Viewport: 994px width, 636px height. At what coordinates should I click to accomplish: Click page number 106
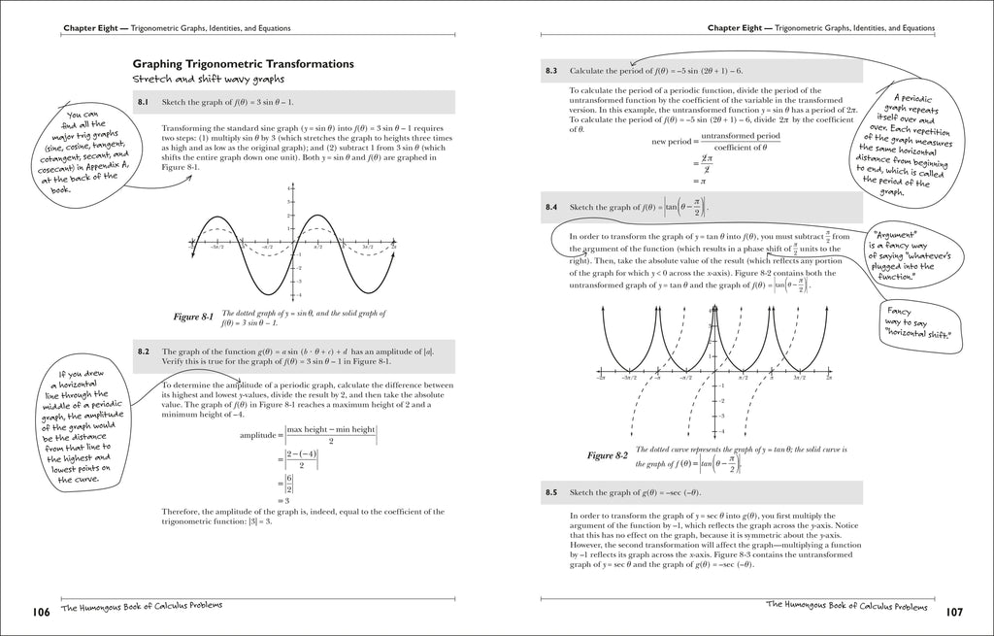click(x=41, y=612)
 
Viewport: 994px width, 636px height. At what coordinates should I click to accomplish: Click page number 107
click(x=952, y=612)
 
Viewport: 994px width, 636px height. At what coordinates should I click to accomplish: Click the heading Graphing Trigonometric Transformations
click(x=243, y=64)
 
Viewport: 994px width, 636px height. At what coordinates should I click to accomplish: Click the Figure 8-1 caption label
click(x=193, y=316)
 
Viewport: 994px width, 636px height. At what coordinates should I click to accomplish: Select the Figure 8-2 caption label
click(x=608, y=454)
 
